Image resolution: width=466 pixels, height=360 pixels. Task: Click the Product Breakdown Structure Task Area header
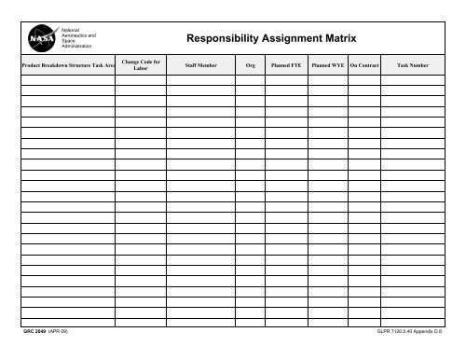(x=68, y=66)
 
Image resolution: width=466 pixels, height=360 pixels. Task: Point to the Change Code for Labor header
(x=141, y=65)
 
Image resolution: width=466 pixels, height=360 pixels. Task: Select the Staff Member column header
(x=201, y=66)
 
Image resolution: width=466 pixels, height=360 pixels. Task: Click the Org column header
(x=250, y=66)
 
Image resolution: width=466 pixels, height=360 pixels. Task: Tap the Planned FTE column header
(x=286, y=66)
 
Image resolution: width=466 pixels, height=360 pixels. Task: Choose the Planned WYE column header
(x=328, y=66)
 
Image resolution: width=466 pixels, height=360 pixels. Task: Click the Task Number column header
(x=413, y=66)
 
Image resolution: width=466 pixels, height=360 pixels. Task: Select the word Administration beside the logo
(x=78, y=46)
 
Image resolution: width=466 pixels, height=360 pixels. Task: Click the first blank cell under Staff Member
(x=201, y=79)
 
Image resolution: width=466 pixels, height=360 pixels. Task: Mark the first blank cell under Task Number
(x=413, y=79)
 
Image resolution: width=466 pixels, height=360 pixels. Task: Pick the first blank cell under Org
(x=250, y=79)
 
